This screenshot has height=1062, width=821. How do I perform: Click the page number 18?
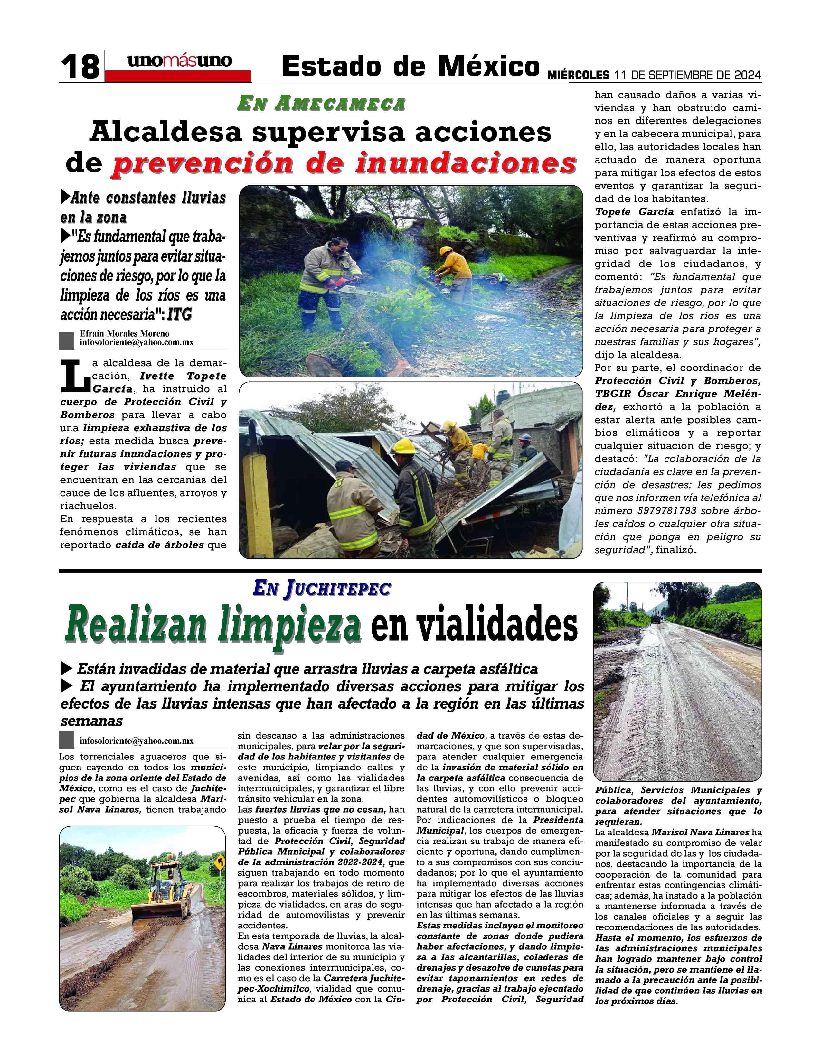(x=80, y=67)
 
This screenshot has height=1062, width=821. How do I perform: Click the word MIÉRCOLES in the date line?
(x=578, y=75)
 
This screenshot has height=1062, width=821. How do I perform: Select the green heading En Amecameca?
(x=321, y=104)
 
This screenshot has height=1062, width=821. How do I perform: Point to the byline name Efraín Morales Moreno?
(x=125, y=334)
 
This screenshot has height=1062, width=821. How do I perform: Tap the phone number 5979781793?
(x=666, y=511)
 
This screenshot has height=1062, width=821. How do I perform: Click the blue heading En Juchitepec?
(x=322, y=589)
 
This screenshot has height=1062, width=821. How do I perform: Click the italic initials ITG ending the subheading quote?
(x=179, y=315)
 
